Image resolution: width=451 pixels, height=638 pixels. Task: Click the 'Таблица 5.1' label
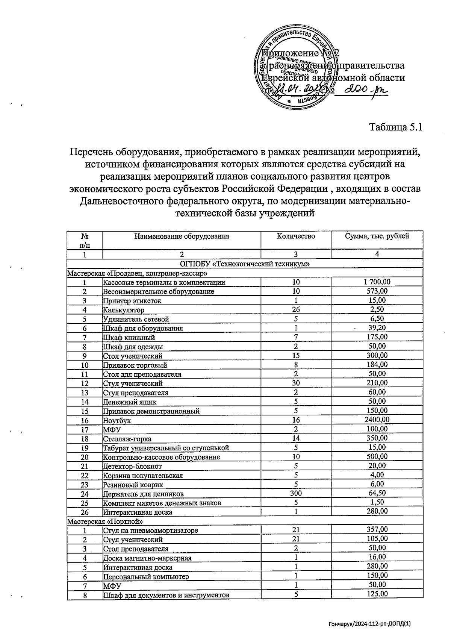pos(396,127)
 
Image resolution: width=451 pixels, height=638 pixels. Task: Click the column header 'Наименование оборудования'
pos(182,236)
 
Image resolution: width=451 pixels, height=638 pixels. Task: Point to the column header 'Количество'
pos(296,236)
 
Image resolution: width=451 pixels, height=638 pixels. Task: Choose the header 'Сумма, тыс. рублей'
pos(377,236)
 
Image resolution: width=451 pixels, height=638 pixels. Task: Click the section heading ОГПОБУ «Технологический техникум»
pos(245,264)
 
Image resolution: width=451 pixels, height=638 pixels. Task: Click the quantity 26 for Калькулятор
pos(296,309)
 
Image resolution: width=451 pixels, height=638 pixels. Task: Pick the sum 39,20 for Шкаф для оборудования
pos(377,328)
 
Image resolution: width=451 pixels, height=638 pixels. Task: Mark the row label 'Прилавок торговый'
pos(135,365)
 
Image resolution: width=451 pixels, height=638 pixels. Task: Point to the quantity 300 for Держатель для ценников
pos(296,493)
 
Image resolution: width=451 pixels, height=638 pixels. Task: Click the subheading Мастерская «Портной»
pos(105,521)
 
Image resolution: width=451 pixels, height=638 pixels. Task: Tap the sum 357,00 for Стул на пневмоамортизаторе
pos(377,530)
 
